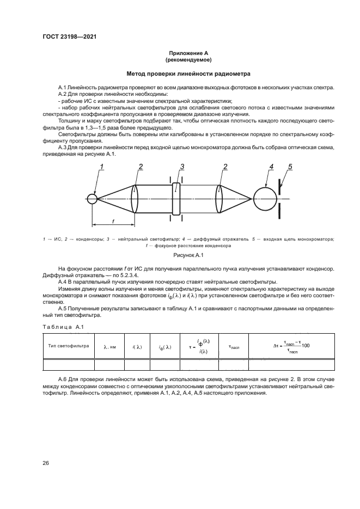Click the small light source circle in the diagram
pos(93,199)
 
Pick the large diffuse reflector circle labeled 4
pos(265,199)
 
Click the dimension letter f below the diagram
pos(113,220)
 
